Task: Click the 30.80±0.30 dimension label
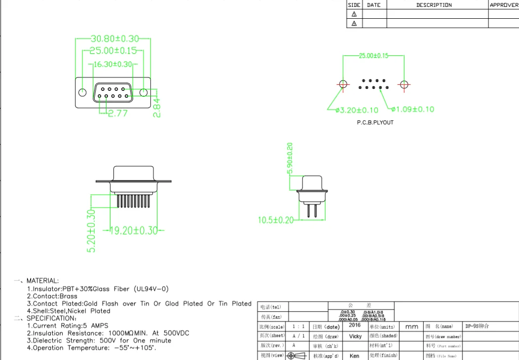[x=115, y=38]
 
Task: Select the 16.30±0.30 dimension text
[x=113, y=64]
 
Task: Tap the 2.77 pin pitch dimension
[x=118, y=113]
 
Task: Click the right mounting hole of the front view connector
[x=143, y=92]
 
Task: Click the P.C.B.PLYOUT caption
[x=375, y=122]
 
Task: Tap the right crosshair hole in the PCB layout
[x=404, y=84]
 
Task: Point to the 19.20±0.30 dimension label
[x=133, y=230]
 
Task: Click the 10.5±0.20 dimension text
[x=276, y=220]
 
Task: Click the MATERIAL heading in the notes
[x=42, y=281]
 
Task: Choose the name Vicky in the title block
[x=355, y=336]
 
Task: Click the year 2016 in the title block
[x=355, y=325]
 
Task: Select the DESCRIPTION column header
[x=434, y=5]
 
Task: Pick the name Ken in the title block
[x=354, y=356]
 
